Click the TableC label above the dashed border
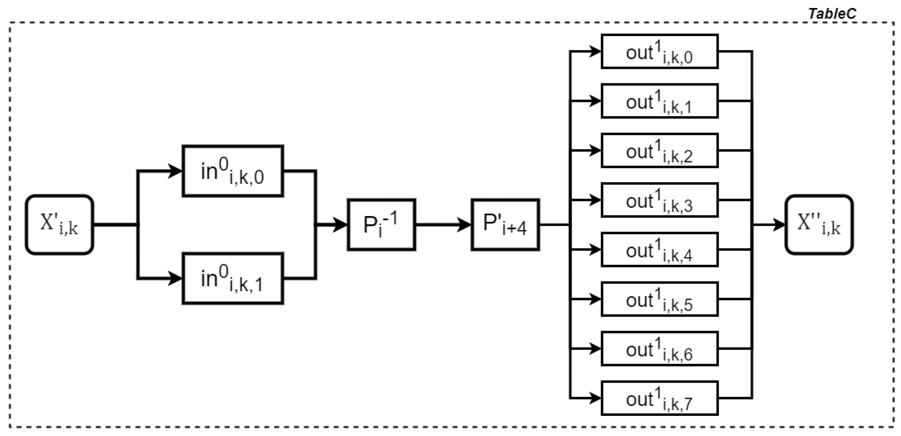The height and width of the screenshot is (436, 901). (832, 14)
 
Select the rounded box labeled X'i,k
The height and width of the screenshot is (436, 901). (59, 225)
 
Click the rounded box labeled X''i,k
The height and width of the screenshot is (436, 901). (819, 225)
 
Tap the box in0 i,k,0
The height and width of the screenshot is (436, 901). (233, 171)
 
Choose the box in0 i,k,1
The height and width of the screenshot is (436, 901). (233, 278)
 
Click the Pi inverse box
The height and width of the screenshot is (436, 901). (381, 225)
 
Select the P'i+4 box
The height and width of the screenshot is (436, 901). (505, 225)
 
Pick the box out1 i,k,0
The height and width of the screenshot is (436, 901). (659, 51)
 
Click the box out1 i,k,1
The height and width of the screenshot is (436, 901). (659, 101)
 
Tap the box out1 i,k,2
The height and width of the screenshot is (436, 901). (659, 151)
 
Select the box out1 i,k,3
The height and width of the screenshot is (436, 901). (659, 200)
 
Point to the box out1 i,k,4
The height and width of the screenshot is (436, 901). (659, 250)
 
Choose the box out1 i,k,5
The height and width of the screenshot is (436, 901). (659, 299)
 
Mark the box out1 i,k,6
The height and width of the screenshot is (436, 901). (659, 349)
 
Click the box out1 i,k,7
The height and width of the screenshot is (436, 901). (659, 398)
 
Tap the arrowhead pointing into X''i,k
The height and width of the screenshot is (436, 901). (778, 225)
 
